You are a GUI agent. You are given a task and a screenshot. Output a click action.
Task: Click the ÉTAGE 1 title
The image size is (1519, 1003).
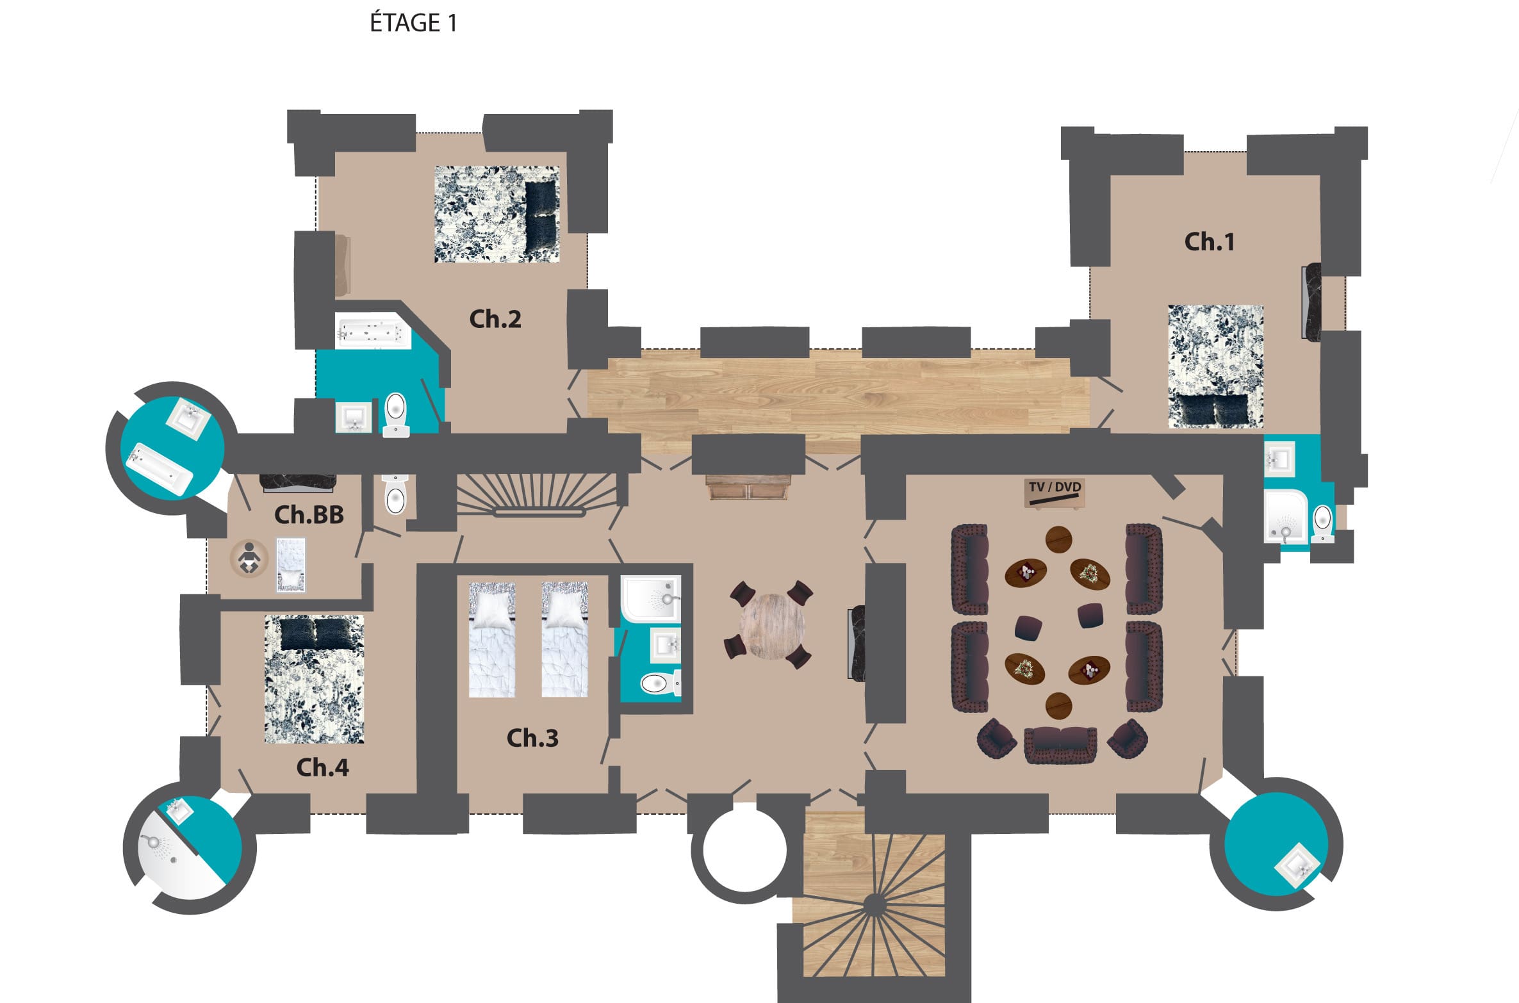pyautogui.click(x=413, y=22)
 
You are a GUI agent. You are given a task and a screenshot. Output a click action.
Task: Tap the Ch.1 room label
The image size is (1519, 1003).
pyautogui.click(x=1209, y=241)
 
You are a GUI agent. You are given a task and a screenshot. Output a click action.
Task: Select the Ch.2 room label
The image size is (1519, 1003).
pyautogui.click(x=495, y=319)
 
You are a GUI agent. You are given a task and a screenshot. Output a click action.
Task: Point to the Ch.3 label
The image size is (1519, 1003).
pyautogui.click(x=532, y=738)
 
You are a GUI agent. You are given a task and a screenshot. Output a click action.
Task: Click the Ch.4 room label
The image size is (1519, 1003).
pyautogui.click(x=322, y=767)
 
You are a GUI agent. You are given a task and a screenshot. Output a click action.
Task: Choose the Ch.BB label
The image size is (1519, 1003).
pyautogui.click(x=309, y=514)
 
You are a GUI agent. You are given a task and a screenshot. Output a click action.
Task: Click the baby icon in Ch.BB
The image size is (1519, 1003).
pyautogui.click(x=249, y=559)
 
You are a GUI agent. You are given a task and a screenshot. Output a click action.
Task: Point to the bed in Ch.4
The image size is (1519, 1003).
pyautogui.click(x=314, y=679)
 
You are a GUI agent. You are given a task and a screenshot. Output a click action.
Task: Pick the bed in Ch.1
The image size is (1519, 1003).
pyautogui.click(x=1215, y=366)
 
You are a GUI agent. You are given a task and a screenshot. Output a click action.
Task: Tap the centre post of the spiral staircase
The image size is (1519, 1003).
pyautogui.click(x=874, y=905)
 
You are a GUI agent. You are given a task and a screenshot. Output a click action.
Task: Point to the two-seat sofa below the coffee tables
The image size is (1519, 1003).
pyautogui.click(x=1060, y=745)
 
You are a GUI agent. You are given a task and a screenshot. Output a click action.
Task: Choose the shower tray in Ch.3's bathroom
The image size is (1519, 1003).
pyautogui.click(x=651, y=599)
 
